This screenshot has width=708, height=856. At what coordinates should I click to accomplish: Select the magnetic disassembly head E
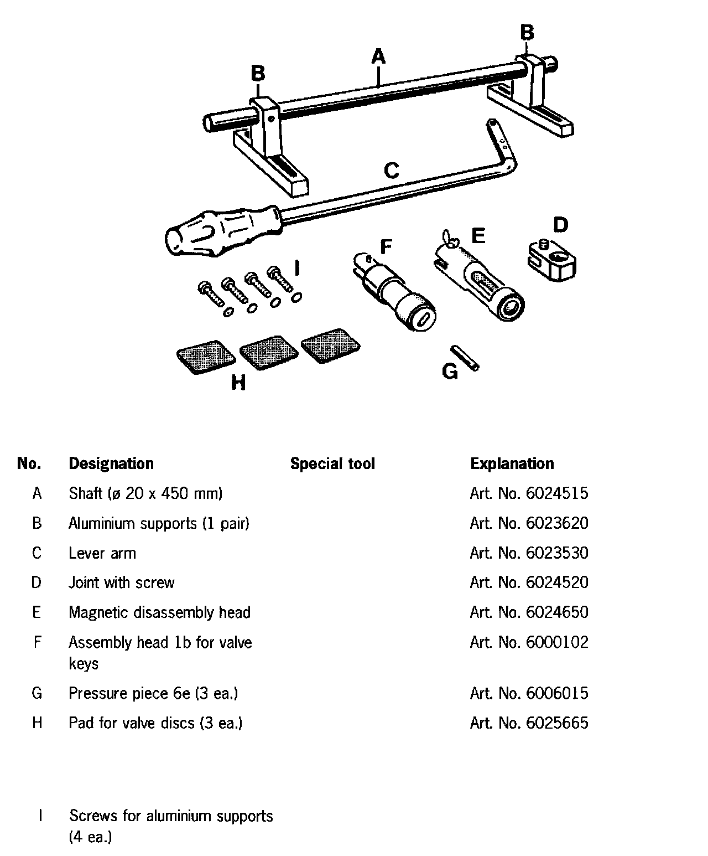(481, 280)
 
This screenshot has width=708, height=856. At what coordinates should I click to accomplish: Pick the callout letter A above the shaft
(378, 57)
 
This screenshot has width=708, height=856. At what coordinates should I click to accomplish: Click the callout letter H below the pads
(238, 383)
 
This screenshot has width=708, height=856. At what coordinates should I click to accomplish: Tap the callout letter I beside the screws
(298, 269)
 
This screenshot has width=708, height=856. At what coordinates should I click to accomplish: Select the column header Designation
(111, 463)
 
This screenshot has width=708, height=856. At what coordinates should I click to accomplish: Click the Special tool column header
(332, 463)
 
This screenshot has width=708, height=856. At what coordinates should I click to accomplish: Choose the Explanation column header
(512, 463)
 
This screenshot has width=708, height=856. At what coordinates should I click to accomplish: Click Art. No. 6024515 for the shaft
(529, 493)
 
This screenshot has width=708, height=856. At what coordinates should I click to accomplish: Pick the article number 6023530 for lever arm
(529, 553)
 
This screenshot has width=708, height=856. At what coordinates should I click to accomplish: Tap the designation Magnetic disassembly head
(159, 612)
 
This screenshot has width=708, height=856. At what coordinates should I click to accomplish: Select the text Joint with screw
(122, 582)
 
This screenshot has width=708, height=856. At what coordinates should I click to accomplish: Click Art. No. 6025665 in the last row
(529, 723)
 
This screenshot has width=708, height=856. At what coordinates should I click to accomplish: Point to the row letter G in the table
(37, 693)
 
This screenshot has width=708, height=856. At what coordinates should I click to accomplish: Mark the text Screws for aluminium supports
(171, 816)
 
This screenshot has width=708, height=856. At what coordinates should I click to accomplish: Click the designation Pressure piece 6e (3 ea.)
(153, 693)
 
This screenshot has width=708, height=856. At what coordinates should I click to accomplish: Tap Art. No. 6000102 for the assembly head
(529, 642)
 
